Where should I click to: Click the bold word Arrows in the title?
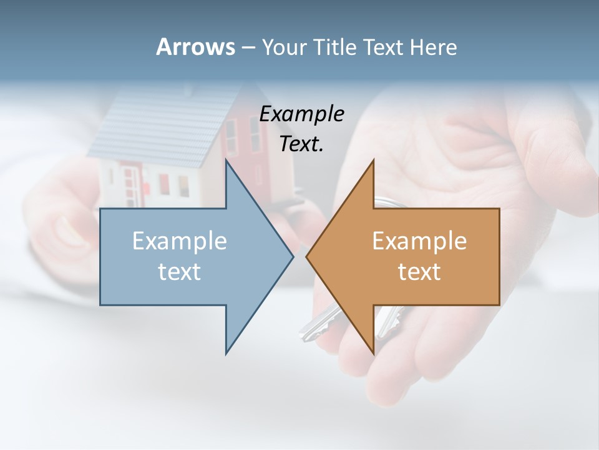tap(195, 47)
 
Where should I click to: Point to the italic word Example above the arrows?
tap(302, 114)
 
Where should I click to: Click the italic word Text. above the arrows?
tap(302, 144)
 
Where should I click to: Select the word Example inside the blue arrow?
tap(180, 241)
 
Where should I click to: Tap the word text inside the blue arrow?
tap(180, 271)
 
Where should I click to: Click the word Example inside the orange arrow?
tap(419, 241)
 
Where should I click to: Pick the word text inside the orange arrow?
tap(419, 271)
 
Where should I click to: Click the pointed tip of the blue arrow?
tap(292, 256)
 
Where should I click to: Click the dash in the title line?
tap(248, 47)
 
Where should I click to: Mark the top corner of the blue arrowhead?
tap(226, 161)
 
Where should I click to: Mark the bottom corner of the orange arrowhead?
tap(373, 353)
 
